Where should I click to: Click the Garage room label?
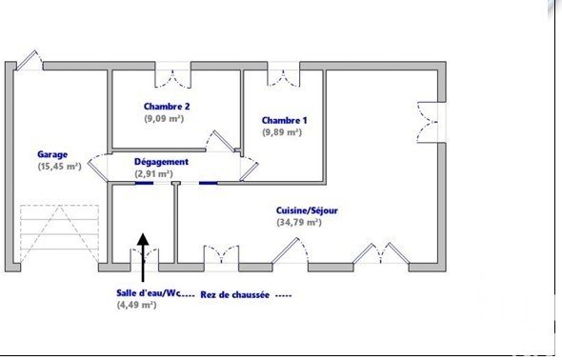point(52,154)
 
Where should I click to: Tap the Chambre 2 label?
point(167,107)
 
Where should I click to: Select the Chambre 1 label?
point(284,120)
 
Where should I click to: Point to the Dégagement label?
point(161,162)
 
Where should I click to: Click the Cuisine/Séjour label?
point(307,210)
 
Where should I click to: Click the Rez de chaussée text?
point(234,295)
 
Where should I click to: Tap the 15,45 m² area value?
point(59,167)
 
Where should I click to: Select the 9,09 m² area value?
point(164,118)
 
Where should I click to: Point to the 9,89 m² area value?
point(282,132)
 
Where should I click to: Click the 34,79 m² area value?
point(299,222)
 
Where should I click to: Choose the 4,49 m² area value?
point(136,305)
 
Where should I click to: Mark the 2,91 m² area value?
point(153,173)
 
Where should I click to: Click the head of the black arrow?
point(143,239)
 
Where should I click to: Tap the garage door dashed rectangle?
point(59,234)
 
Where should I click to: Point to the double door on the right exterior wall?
point(432,123)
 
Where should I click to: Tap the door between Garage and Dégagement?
point(98,168)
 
